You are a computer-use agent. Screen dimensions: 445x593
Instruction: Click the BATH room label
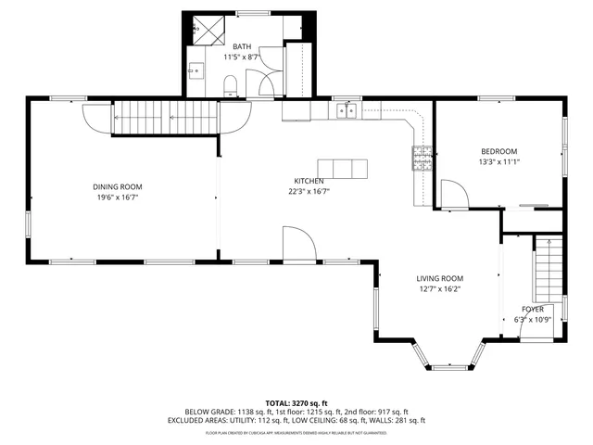point(242,45)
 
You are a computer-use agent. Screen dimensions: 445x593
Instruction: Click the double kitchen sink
point(347,111)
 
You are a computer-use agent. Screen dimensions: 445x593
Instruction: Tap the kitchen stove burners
point(422,159)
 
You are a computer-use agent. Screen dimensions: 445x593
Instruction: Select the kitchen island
point(342,169)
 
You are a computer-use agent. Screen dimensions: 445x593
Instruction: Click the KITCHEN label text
point(309,181)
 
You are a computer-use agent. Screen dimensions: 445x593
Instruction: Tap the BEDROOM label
point(498,151)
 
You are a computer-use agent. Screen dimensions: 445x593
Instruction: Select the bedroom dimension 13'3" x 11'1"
point(498,162)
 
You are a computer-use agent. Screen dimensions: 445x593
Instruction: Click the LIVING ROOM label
point(439,278)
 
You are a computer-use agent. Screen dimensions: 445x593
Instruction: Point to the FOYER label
point(533,309)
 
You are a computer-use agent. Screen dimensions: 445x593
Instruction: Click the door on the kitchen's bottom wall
point(300,247)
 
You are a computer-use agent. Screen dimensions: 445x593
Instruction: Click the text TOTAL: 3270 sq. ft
point(296,402)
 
